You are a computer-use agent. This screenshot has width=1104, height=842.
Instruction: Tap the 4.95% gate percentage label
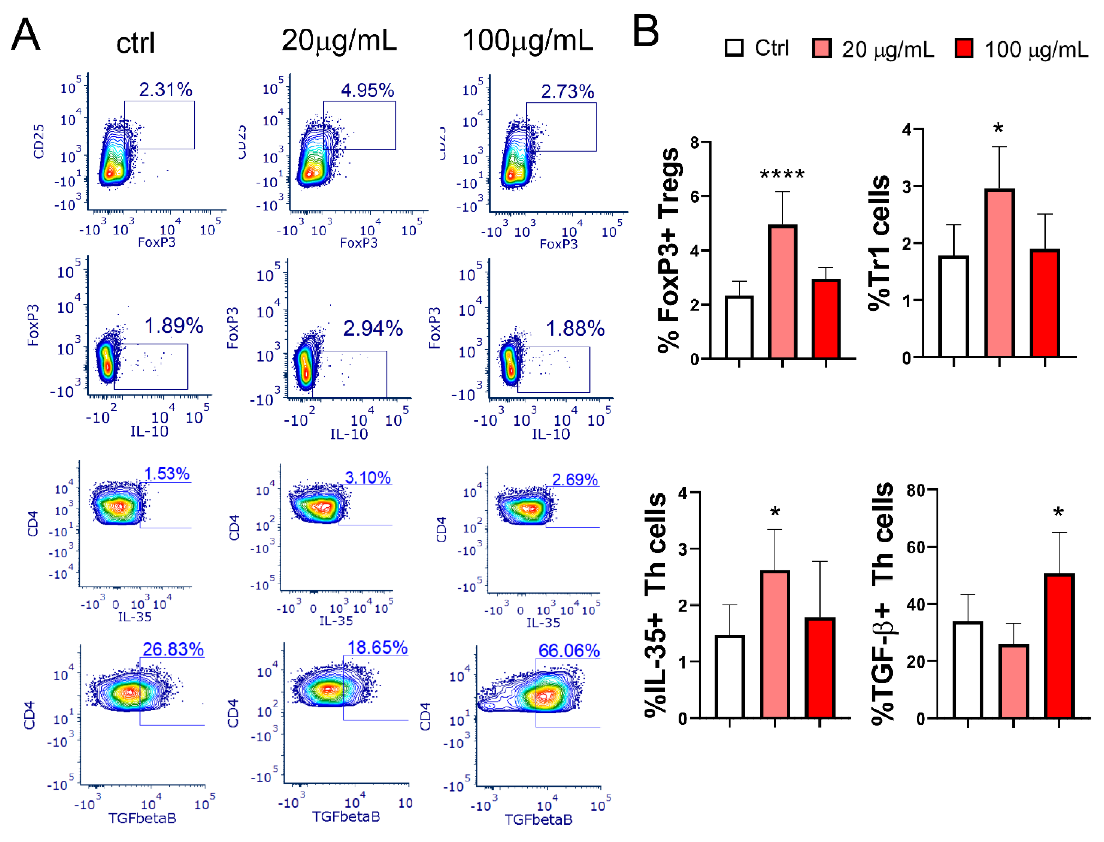(x=367, y=91)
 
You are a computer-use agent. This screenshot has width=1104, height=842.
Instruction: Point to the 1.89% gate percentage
(x=173, y=326)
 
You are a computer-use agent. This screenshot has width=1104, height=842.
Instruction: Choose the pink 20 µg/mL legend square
(x=821, y=49)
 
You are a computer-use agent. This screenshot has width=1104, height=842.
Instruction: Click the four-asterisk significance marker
(x=782, y=175)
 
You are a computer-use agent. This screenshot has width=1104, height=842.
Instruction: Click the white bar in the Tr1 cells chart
(x=953, y=307)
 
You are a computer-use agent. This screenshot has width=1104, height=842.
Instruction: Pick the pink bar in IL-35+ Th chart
(x=774, y=644)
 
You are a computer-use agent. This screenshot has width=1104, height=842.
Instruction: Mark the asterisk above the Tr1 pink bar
(x=998, y=128)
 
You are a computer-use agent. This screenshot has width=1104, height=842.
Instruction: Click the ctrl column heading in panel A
(x=135, y=43)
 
